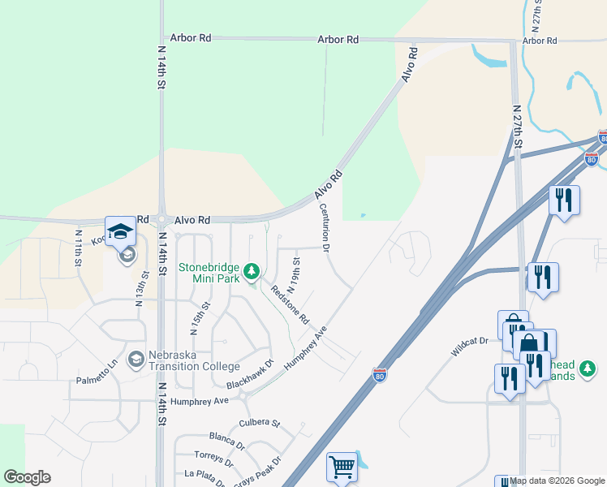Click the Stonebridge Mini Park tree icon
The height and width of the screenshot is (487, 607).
tap(252, 269)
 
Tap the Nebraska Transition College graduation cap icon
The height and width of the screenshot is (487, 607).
tap(136, 358)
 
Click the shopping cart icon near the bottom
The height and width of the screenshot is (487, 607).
tap(342, 467)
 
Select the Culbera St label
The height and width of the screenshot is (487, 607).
tap(259, 424)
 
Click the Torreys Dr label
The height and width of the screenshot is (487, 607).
tap(214, 459)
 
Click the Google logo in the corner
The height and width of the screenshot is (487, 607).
tap(27, 477)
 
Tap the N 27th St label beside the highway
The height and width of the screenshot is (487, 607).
tap(517, 126)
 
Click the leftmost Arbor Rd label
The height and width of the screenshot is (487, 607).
tap(191, 38)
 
